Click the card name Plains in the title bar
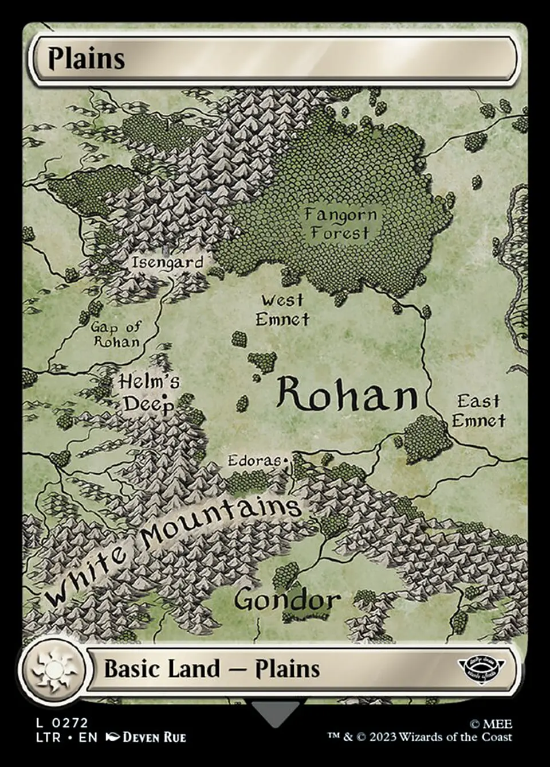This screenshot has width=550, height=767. [86, 59]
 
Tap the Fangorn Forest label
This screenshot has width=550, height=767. [340, 224]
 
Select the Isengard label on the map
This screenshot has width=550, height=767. [167, 263]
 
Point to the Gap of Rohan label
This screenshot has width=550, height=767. [116, 334]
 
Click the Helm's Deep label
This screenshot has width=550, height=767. [149, 393]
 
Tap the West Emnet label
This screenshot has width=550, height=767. [282, 310]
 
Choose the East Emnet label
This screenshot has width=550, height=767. [478, 411]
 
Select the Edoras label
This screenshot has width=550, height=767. [256, 461]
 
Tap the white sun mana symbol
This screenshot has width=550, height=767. [52, 669]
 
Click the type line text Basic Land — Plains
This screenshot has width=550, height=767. [212, 669]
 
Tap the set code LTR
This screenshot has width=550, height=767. [48, 737]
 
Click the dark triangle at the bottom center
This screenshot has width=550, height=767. [275, 713]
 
